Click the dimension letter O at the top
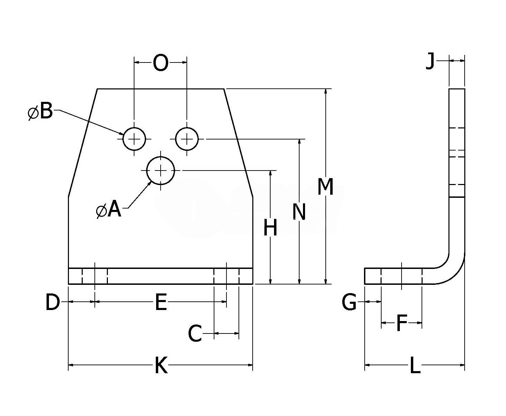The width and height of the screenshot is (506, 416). pos(161,63)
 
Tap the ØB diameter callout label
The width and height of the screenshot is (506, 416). pos(41,112)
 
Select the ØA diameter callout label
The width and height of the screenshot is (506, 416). pos(109,210)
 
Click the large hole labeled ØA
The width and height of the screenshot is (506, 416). pos(161,170)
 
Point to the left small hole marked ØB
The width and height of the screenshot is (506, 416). pos(134,139)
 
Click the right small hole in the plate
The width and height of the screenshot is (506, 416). pos(187,139)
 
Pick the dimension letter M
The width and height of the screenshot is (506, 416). pos(325,187)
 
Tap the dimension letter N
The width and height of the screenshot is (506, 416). pos(299,212)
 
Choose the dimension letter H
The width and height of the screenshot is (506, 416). pos(270,228)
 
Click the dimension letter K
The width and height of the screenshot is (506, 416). pos(161,366)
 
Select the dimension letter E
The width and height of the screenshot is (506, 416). pos(161,302)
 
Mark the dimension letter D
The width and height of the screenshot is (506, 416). pos(52,302)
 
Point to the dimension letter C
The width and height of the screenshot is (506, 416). pos(195,333)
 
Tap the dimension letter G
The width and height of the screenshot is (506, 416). pos(349,302)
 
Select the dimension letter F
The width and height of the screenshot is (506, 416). pos(401,323)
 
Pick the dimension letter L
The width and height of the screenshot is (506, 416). pos(415,366)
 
